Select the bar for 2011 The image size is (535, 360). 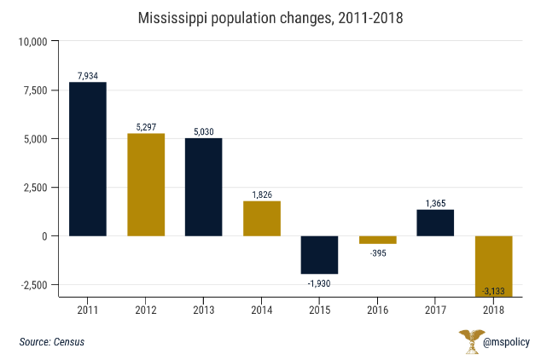click(x=88, y=159)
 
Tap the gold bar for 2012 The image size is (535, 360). click(x=146, y=184)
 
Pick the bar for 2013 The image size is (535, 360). click(x=204, y=187)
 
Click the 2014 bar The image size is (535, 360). click(x=262, y=218)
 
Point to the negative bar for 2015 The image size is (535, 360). click(x=319, y=254)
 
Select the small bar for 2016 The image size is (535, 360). click(x=377, y=240)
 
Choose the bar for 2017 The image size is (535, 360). click(x=435, y=223)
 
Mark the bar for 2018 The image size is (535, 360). click(x=493, y=266)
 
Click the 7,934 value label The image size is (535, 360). click(x=88, y=75)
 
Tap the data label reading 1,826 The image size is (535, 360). click(x=262, y=194)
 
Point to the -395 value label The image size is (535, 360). click(x=377, y=253)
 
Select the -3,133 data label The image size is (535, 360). click(x=493, y=291)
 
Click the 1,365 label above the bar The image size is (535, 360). click(x=435, y=202)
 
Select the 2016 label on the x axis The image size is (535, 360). click(x=377, y=309)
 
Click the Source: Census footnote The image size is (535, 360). click(x=52, y=342)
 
